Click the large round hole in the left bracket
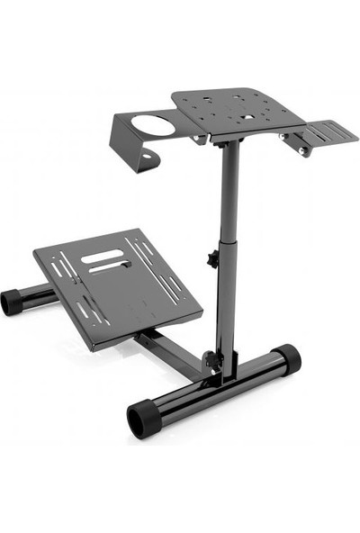(x=155, y=123)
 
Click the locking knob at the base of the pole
(x=212, y=359)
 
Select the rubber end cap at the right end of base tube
(x=287, y=359)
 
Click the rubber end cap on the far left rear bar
(x=12, y=301)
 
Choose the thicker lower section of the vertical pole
(x=227, y=306)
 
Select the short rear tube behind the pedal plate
(x=36, y=294)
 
